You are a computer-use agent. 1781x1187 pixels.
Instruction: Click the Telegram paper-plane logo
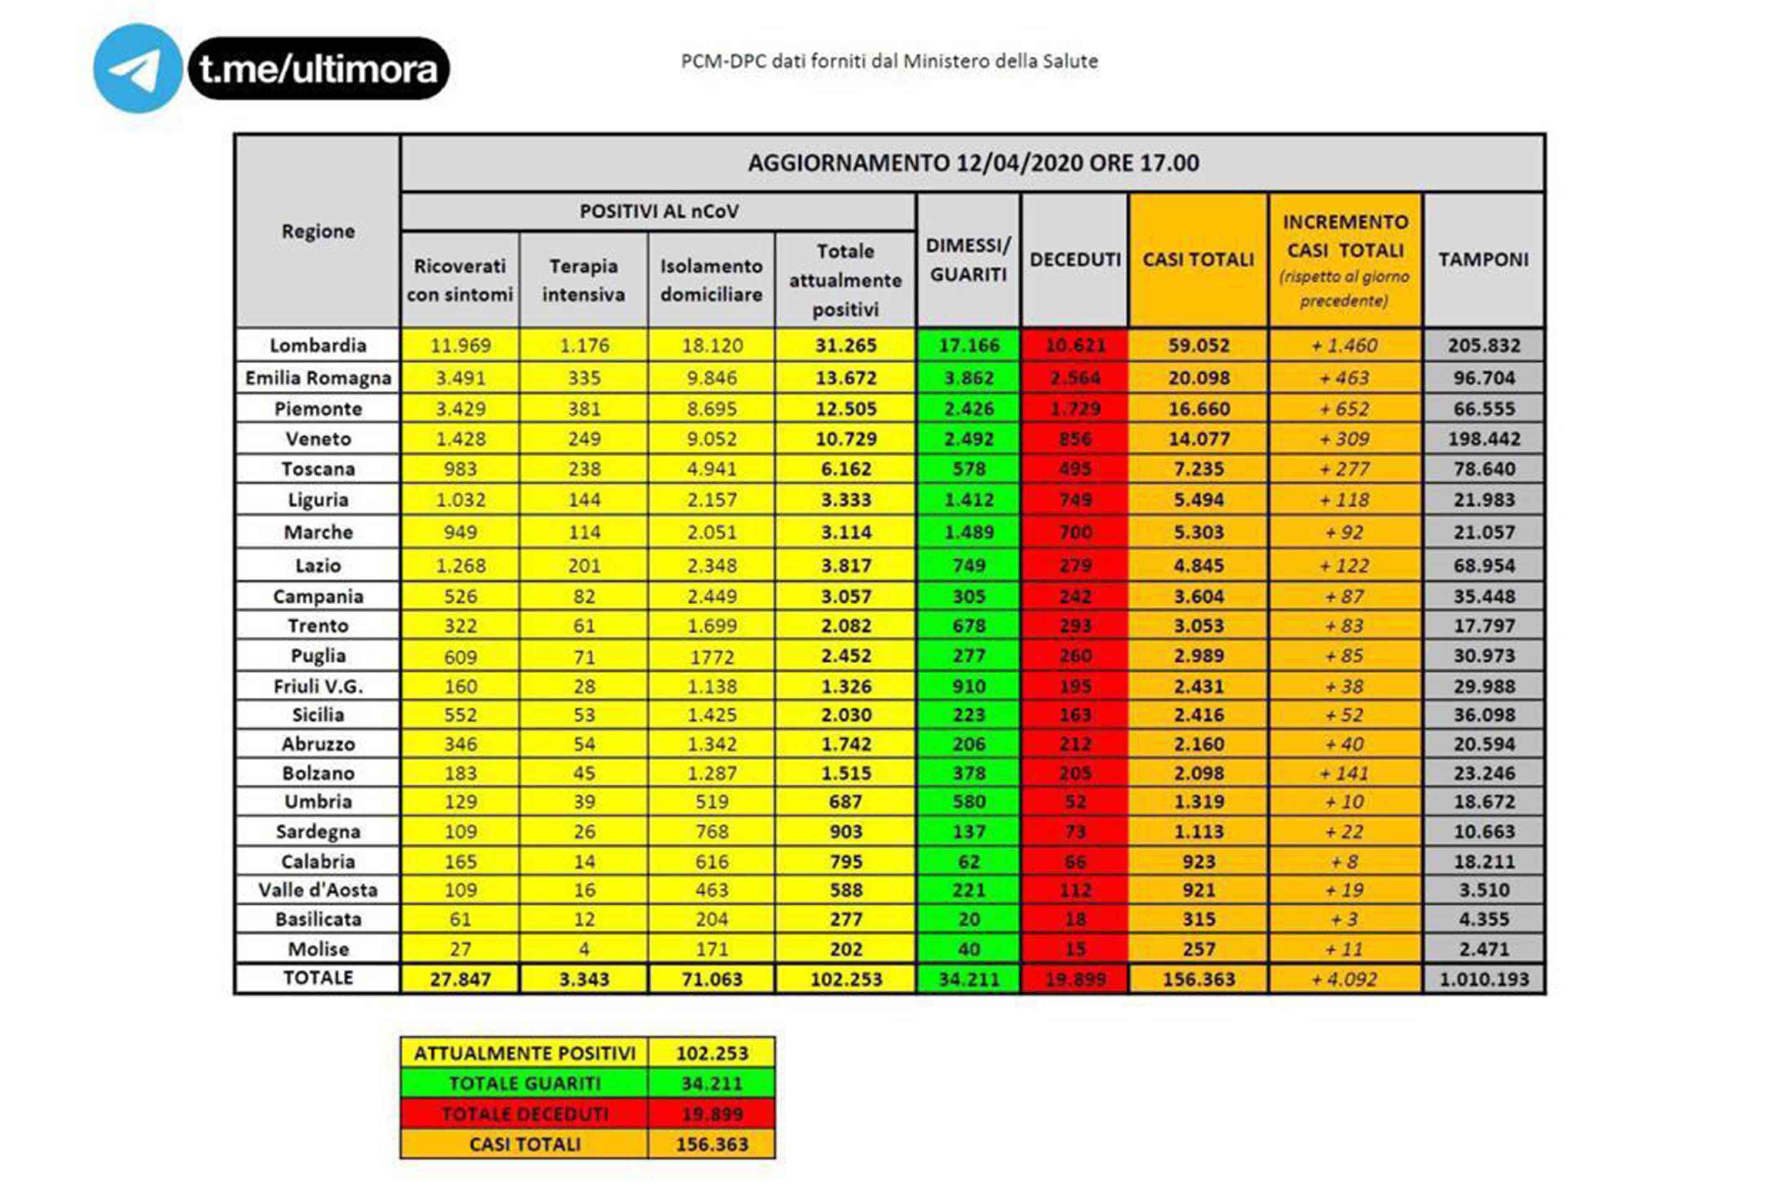pos(137,68)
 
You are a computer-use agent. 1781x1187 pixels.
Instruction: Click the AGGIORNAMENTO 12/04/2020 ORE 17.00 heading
pos(973,163)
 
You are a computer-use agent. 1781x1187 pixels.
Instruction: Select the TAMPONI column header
pos(1484,260)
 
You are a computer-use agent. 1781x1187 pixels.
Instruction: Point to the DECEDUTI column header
pos(1074,260)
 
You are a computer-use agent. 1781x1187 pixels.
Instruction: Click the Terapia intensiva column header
pos(583,280)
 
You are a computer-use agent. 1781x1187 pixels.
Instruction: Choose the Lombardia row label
pos(318,345)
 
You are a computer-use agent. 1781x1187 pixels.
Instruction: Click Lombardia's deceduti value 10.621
pos(1074,345)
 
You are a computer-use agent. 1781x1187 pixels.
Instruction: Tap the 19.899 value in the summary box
pos(712,1114)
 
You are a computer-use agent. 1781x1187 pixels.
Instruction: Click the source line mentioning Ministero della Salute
pos(889,61)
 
